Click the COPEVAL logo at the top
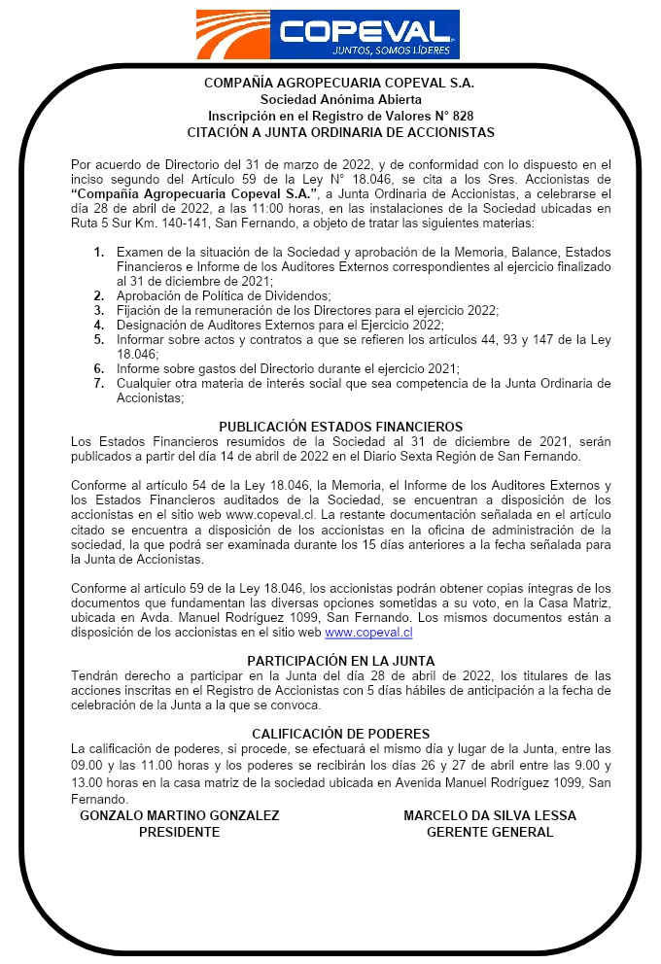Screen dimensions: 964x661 pyautogui.click(x=327, y=34)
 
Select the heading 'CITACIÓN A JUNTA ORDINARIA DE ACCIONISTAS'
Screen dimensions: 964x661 pyautogui.click(x=341, y=132)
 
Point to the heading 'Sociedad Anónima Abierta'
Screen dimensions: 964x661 pyautogui.click(x=341, y=99)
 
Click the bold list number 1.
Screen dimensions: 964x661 pyautogui.click(x=99, y=253)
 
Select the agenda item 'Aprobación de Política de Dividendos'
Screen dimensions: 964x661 pyautogui.click(x=224, y=294)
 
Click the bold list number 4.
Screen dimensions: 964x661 pyautogui.click(x=99, y=325)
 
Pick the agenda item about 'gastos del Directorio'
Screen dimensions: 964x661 pyautogui.click(x=288, y=368)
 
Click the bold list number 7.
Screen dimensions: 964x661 pyautogui.click(x=99, y=383)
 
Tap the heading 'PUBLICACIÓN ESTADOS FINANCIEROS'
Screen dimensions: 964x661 pyautogui.click(x=340, y=427)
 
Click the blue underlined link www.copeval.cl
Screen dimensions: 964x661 pyautogui.click(x=368, y=632)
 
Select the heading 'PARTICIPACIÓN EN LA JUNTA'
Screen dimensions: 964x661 pyautogui.click(x=340, y=661)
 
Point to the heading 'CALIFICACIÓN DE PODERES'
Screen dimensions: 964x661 pyautogui.click(x=340, y=734)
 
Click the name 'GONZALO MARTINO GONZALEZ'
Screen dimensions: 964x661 pyautogui.click(x=179, y=815)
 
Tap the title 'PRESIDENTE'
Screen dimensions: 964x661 pyautogui.click(x=179, y=832)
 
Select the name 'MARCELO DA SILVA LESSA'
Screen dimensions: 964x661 pyautogui.click(x=490, y=815)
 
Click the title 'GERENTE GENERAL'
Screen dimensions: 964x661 pyautogui.click(x=490, y=832)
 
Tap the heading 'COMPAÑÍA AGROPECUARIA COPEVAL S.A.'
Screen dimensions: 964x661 pyautogui.click(x=341, y=83)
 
